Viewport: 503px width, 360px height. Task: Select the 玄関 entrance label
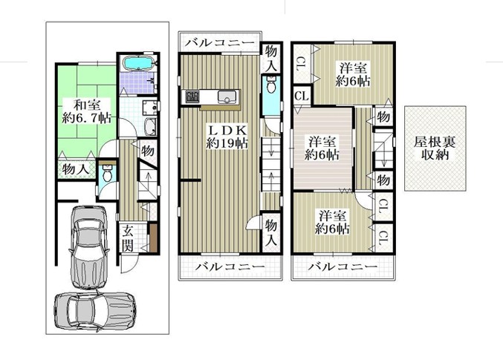pyautogui.click(x=128, y=238)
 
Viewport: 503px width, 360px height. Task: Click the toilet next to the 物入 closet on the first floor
pyautogui.click(x=106, y=174)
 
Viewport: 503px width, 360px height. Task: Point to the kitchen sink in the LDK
pyautogui.click(x=227, y=96)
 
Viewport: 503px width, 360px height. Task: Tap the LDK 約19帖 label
pyautogui.click(x=227, y=137)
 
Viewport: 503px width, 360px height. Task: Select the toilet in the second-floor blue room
pyautogui.click(x=271, y=85)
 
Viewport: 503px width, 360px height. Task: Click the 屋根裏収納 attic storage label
pyautogui.click(x=435, y=148)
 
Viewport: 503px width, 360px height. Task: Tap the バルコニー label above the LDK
pyautogui.click(x=221, y=43)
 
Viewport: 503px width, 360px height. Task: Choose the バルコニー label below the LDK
pyautogui.click(x=231, y=266)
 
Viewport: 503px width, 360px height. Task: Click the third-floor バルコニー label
pyautogui.click(x=343, y=266)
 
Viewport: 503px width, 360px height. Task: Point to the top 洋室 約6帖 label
pyautogui.click(x=353, y=75)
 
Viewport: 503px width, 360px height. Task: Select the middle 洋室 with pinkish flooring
pyautogui.click(x=322, y=148)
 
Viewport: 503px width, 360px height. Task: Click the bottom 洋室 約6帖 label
pyautogui.click(x=332, y=222)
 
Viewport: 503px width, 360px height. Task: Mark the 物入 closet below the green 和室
pyautogui.click(x=77, y=169)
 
